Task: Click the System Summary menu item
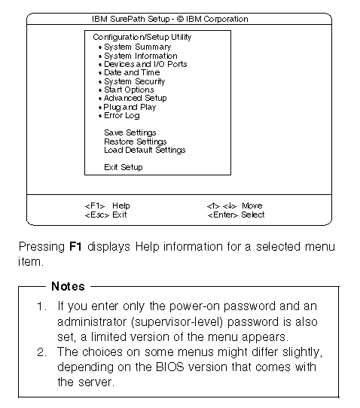pyautogui.click(x=137, y=47)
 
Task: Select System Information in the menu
pyautogui.click(x=140, y=56)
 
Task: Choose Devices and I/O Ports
pyautogui.click(x=145, y=64)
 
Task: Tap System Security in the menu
pyautogui.click(x=134, y=81)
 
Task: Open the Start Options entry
pyautogui.click(x=129, y=90)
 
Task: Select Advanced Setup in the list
pyautogui.click(x=135, y=98)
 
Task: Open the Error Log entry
pyautogui.click(x=121, y=116)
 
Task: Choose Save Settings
pyautogui.click(x=130, y=132)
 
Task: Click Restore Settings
pyautogui.click(x=136, y=142)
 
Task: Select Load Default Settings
pyautogui.click(x=145, y=150)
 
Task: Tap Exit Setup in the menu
pyautogui.click(x=124, y=167)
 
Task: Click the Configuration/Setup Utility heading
pyautogui.click(x=142, y=37)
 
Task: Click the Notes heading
pyautogui.click(x=68, y=287)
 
